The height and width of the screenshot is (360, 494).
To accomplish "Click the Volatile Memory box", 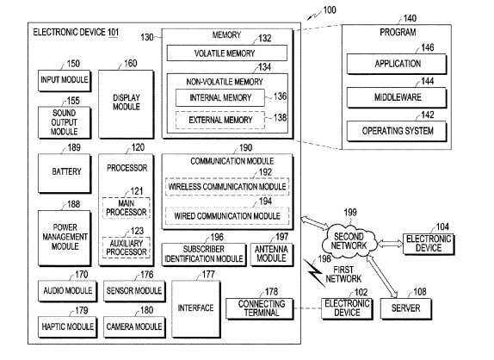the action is click(x=227, y=53).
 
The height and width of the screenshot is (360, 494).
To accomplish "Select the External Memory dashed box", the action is click(x=220, y=120).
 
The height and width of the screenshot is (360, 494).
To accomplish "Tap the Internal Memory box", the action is click(x=220, y=97).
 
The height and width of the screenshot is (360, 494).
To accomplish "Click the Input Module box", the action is click(x=65, y=80).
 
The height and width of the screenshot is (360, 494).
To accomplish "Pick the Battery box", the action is click(x=65, y=173).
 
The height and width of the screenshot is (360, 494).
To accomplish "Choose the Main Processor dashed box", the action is click(x=126, y=208).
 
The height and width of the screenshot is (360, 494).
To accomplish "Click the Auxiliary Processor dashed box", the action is click(x=126, y=247).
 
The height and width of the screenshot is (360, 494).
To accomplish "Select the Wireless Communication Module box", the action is click(x=227, y=187).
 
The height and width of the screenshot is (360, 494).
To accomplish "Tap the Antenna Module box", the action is click(x=272, y=254).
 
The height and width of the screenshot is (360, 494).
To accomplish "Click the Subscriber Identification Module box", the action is click(x=204, y=254).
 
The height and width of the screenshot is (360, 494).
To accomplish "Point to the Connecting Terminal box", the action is click(x=260, y=308).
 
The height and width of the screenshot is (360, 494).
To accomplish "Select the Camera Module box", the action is click(x=134, y=327).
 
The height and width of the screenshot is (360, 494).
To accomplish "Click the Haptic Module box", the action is click(x=67, y=327).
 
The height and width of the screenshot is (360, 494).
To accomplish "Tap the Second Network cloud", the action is click(x=349, y=241).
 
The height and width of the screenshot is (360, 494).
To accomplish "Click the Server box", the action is click(x=406, y=308).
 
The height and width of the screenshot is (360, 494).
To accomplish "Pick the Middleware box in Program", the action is click(x=397, y=97).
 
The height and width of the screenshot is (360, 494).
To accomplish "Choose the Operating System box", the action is click(x=397, y=131).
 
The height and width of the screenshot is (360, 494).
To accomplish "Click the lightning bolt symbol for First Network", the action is click(x=314, y=272).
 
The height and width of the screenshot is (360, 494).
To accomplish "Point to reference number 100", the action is click(x=330, y=10).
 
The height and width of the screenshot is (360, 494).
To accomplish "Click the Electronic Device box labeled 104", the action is click(x=429, y=244).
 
